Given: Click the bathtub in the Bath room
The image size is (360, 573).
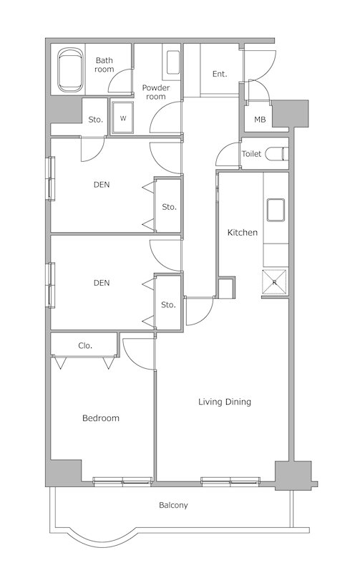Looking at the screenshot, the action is coord(69,69).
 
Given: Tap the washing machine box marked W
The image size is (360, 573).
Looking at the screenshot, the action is coord(122,117).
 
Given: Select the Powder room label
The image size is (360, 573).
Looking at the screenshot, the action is coord(156,92).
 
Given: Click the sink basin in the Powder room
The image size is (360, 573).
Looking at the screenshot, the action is coord(173,62).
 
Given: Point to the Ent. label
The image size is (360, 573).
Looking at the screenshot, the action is coord(220,74).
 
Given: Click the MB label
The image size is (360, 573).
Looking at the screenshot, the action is coord(260,120).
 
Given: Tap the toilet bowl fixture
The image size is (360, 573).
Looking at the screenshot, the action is coord(277,154).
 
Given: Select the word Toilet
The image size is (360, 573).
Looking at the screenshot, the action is coord(251,154).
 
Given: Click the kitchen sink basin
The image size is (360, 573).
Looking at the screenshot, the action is coord(276,210).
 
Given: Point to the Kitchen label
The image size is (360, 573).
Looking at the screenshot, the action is coord(243,232).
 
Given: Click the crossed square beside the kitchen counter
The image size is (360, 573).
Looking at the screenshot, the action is coord(274,281).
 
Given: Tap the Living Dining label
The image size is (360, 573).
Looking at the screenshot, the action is coord(225,402).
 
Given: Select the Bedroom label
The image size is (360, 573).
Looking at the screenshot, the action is coord(101,418).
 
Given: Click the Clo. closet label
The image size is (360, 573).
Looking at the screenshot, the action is coord(85,345).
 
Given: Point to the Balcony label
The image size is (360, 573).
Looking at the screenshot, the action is coord(173,506).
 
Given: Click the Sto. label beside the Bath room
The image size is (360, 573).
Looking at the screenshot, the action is coord(95,120).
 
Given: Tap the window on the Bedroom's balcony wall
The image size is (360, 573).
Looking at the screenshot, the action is coord(122,481).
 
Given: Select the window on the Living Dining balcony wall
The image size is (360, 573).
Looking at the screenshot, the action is coord(230,481).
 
